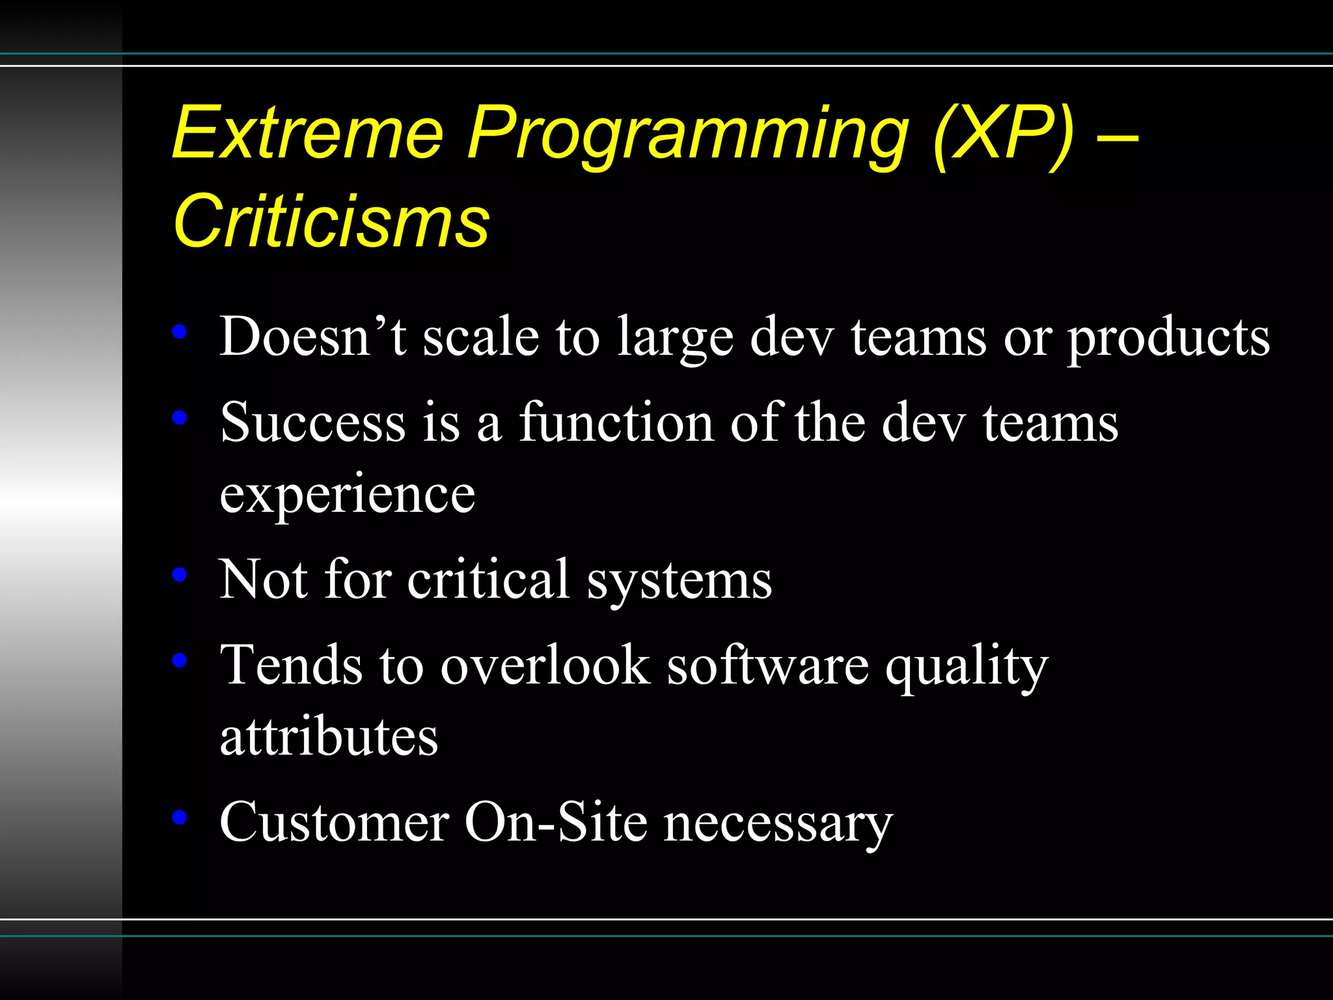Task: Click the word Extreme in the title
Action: pos(308,133)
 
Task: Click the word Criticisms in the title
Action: pos(331,222)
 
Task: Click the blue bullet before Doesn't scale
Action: pos(180,333)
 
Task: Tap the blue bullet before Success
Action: pos(180,418)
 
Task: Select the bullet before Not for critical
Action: pos(180,575)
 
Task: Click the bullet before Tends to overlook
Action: pos(180,661)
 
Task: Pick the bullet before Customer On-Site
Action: pos(180,818)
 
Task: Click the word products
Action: pos(1168,339)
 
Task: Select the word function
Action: pos(616,423)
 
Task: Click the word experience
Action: pos(348,495)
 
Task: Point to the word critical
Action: pos(489,579)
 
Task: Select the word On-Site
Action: pos(556,822)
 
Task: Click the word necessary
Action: pos(778,824)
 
